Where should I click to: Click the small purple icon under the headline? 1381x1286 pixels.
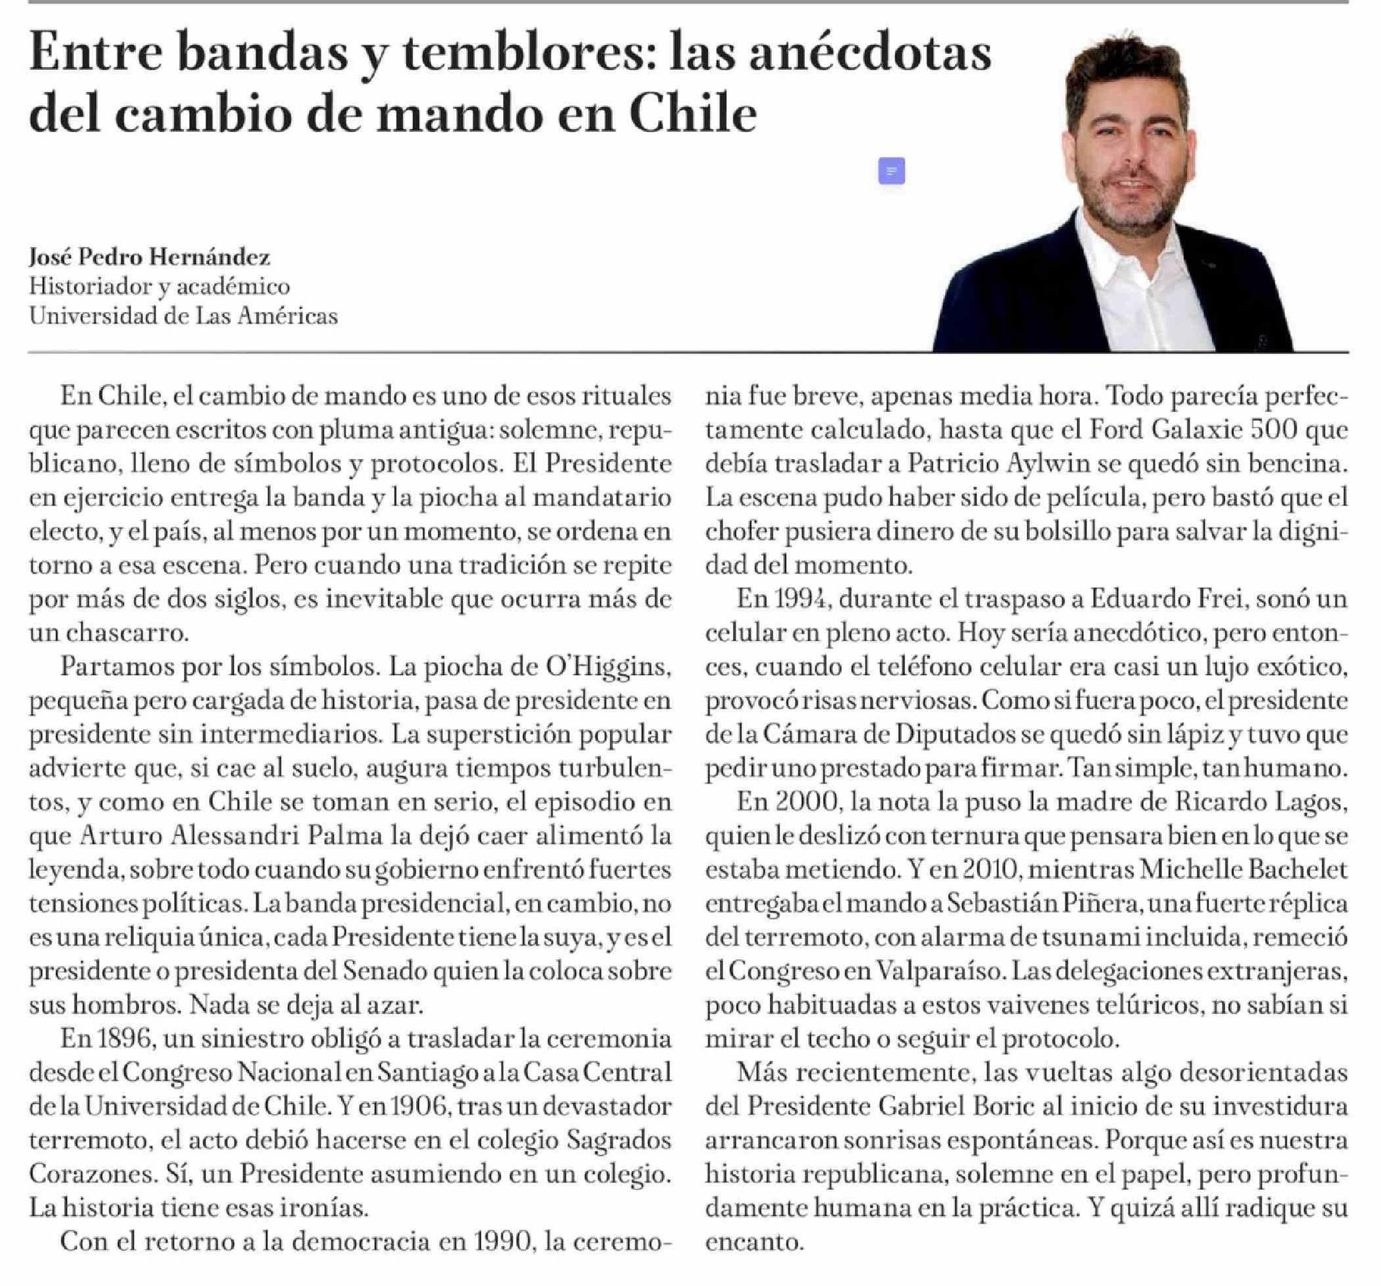click(x=891, y=171)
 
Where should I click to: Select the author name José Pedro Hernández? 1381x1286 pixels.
click(x=150, y=257)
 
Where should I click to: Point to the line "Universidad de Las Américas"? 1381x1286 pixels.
click(x=183, y=316)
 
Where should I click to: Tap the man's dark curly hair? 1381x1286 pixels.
click(x=1125, y=69)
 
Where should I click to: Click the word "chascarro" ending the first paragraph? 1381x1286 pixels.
click(x=127, y=633)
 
